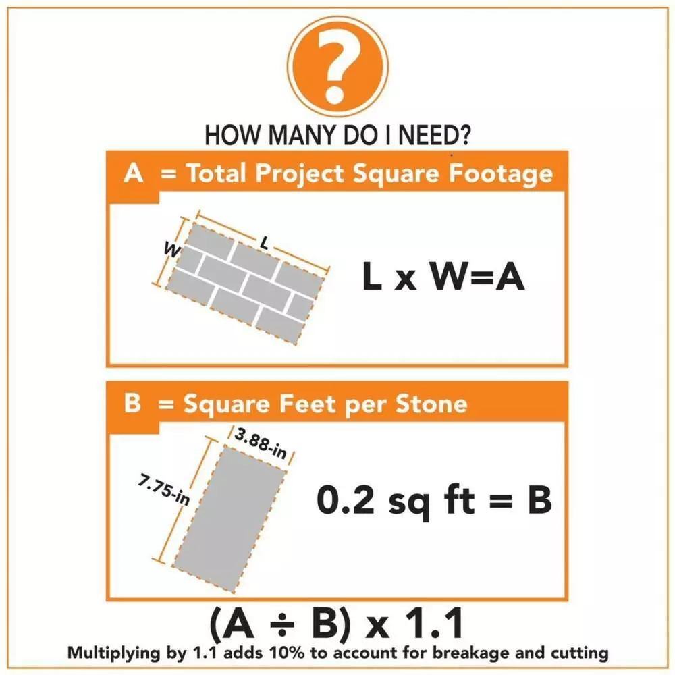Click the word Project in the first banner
coord(300,174)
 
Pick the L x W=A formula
coord(443,278)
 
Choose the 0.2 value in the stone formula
coord(342,501)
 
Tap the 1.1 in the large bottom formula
coord(435,625)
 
